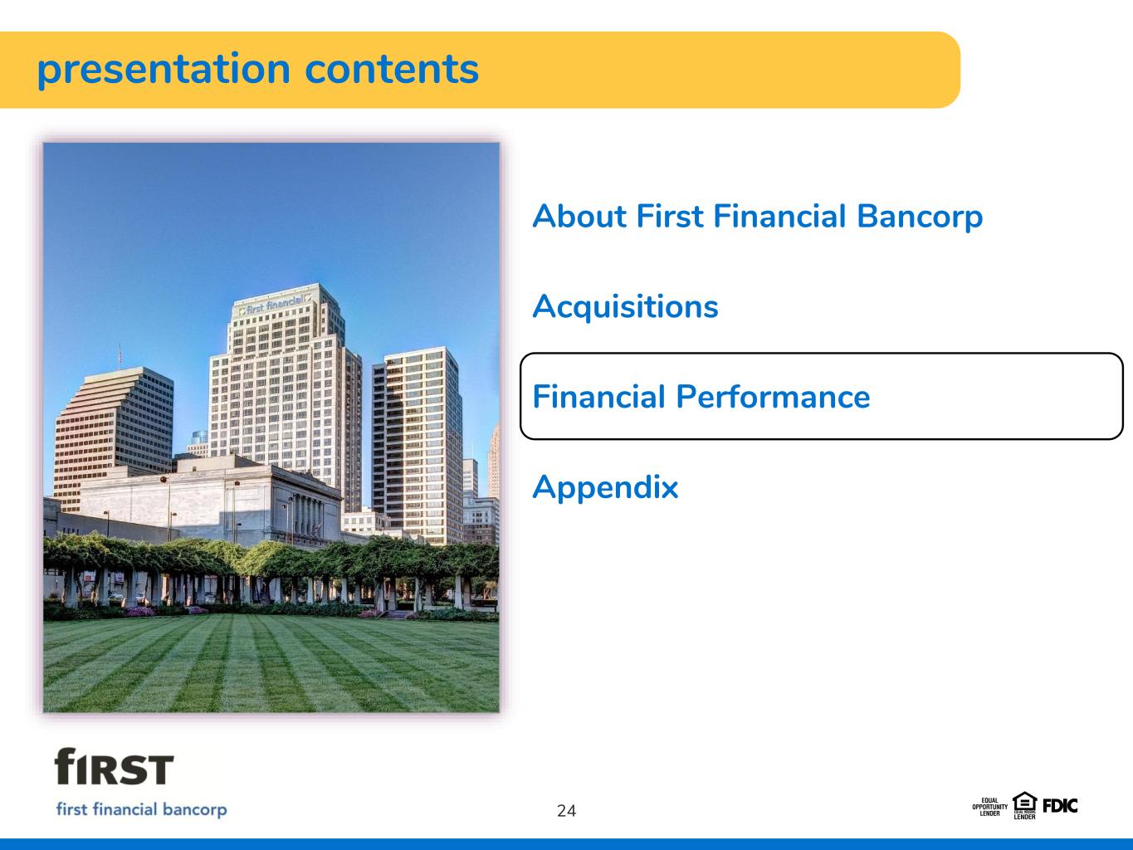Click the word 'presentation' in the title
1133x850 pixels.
click(164, 71)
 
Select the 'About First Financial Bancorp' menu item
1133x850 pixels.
click(757, 217)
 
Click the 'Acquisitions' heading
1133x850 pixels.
click(625, 307)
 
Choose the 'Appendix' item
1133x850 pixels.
click(605, 488)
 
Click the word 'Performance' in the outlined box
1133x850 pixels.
click(773, 397)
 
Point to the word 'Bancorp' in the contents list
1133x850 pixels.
click(920, 217)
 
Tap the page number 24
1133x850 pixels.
click(566, 810)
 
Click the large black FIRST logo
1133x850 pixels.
click(114, 766)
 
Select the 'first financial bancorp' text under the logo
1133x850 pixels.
click(141, 809)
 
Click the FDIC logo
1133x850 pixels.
click(1060, 806)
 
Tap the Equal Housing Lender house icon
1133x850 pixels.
click(1024, 805)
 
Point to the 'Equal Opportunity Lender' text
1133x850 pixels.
click(989, 807)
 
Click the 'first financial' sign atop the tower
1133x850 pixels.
click(274, 305)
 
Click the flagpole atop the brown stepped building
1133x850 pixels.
click(120, 356)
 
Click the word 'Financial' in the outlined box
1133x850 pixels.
click(598, 397)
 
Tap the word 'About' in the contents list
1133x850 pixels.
click(579, 217)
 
